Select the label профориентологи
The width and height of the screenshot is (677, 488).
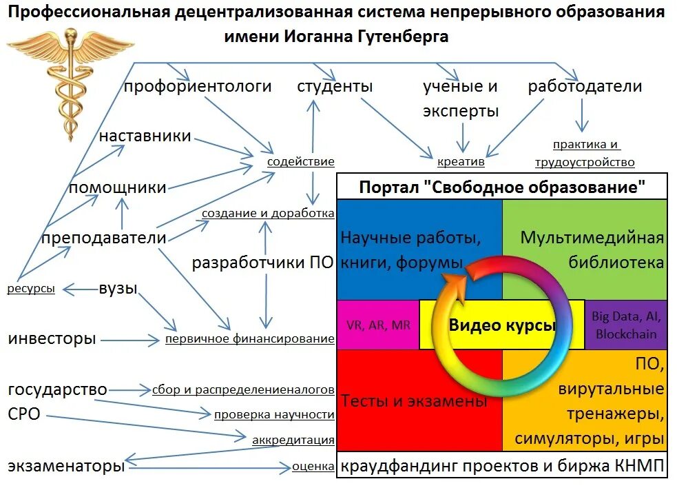198,87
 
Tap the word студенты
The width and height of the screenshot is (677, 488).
335,87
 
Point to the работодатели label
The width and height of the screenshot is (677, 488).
585,87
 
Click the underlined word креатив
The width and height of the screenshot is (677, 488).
461,163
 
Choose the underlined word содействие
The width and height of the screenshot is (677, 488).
301,162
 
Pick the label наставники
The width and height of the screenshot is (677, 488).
145,136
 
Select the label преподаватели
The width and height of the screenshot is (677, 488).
104,238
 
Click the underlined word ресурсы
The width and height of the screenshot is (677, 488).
31,289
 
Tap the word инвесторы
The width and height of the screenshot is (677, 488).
52,339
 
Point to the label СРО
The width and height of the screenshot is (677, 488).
24,414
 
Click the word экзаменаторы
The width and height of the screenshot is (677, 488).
66,467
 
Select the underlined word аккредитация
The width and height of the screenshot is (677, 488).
293,440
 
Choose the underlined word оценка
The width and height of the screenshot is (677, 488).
313,467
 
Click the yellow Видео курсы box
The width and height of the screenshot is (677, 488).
501,325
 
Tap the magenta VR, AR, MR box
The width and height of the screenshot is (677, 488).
377,325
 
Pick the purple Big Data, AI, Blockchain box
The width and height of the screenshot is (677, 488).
625,325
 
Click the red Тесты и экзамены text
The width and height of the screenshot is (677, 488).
414,400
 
